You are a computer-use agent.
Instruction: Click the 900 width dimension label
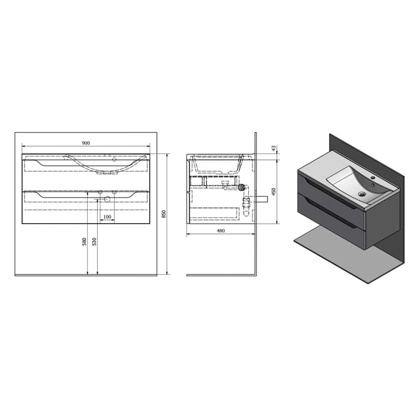tap(86, 143)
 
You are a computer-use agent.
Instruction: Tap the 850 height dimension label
tap(164, 214)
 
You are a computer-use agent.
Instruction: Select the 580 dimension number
tap(85, 241)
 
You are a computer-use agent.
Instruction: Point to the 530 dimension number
tap(94, 241)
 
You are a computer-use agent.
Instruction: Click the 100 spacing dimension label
tap(107, 217)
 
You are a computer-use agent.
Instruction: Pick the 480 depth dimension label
tap(220, 231)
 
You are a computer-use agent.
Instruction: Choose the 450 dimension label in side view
tap(274, 192)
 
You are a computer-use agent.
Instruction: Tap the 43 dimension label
tap(273, 148)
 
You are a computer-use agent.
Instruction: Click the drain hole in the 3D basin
tap(362, 194)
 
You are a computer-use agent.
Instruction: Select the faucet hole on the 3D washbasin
tap(373, 178)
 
